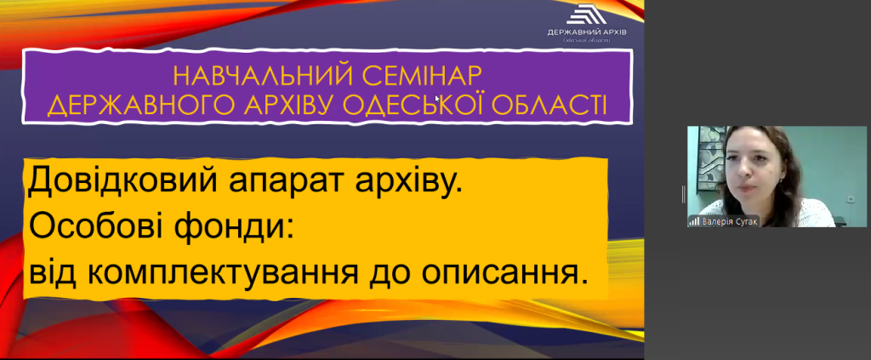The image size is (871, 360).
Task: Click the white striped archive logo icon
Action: [x=587, y=14]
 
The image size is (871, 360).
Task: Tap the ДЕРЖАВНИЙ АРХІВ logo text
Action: [x=587, y=32]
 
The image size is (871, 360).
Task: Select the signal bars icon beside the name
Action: [x=694, y=221]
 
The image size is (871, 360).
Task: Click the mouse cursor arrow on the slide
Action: [x=437, y=99]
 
